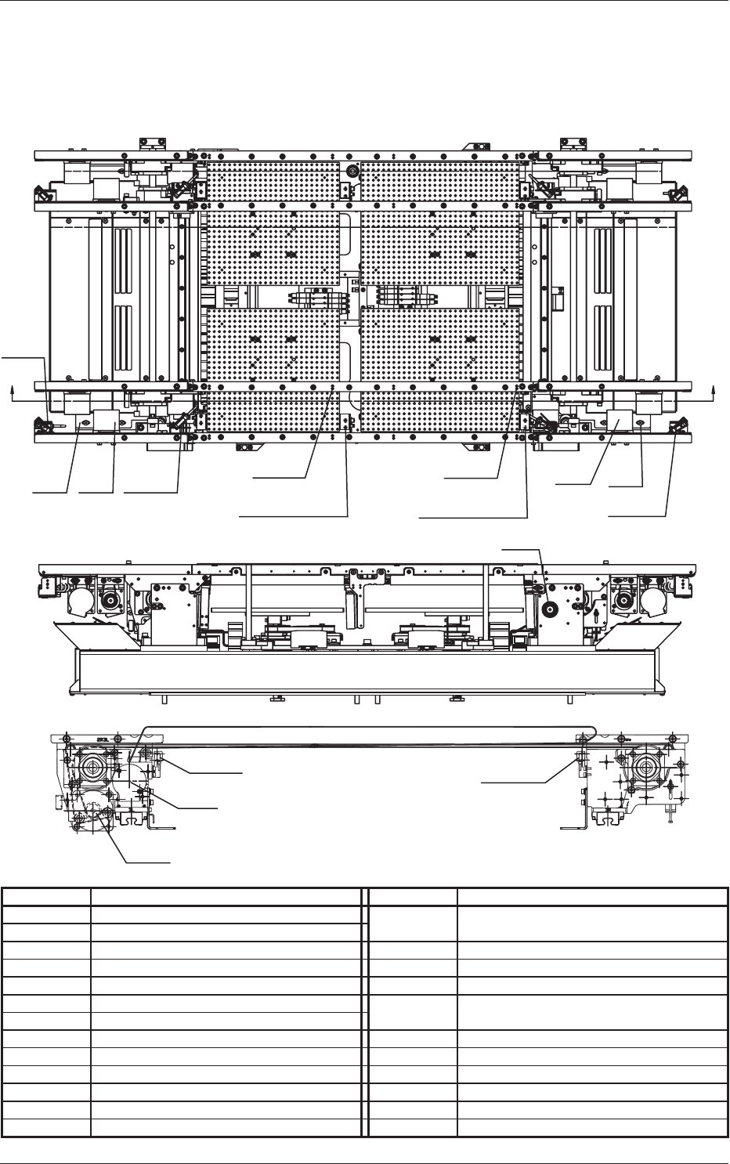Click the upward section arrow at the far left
point(12,389)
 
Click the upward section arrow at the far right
point(714,389)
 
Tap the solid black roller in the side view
point(549,605)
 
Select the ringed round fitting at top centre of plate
point(352,171)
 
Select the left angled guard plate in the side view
point(94,633)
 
